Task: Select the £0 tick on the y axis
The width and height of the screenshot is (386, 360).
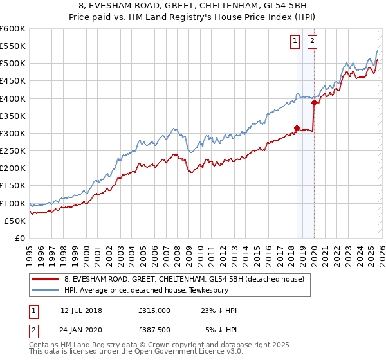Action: (x=19, y=238)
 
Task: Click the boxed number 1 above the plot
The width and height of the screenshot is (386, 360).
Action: (x=295, y=42)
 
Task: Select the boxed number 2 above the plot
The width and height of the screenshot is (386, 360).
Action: (x=313, y=42)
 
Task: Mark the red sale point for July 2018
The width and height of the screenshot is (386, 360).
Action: (x=297, y=128)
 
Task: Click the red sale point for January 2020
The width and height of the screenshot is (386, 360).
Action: (x=314, y=102)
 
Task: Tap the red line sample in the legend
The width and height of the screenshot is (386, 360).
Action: (x=46, y=278)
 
